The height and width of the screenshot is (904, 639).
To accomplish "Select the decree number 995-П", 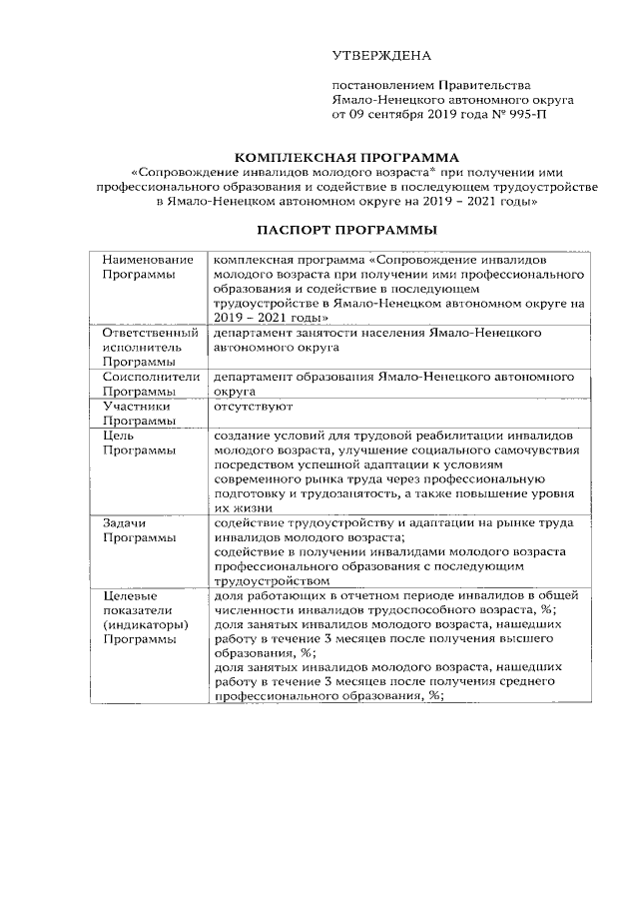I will pyautogui.click(x=525, y=115).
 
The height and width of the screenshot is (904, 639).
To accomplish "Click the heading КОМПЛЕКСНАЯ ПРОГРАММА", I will pyautogui.click(x=346, y=157).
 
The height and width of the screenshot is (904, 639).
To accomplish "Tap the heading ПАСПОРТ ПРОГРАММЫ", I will pyautogui.click(x=346, y=229).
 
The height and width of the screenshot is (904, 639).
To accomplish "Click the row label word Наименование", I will pyautogui.click(x=147, y=260).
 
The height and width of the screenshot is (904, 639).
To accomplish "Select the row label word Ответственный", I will pyautogui.click(x=150, y=332).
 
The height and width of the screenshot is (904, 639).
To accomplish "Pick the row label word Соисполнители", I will pyautogui.click(x=150, y=378).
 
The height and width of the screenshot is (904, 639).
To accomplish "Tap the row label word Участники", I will pyautogui.click(x=136, y=407).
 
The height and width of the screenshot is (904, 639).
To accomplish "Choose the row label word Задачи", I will pyautogui.click(x=125, y=523).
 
